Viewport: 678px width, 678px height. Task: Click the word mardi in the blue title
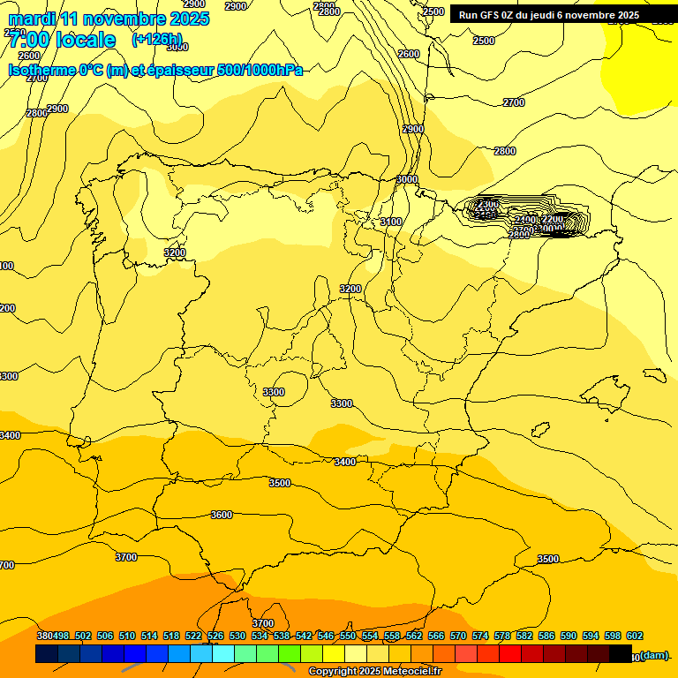pos(30,19)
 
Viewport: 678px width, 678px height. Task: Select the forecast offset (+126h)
pos(156,40)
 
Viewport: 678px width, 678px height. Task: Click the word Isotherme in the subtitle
pos(41,70)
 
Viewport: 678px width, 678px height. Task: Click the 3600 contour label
pos(222,515)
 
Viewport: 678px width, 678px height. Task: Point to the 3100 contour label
pos(391,222)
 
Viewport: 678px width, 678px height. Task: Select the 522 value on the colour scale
pos(192,636)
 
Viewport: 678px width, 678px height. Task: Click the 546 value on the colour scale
pos(326,636)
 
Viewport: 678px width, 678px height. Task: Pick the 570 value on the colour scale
pos(458,636)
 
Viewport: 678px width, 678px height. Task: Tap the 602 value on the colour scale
pos(634,636)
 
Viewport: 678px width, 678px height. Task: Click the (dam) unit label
pos(653,655)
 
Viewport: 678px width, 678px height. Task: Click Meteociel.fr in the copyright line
pos(405,672)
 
